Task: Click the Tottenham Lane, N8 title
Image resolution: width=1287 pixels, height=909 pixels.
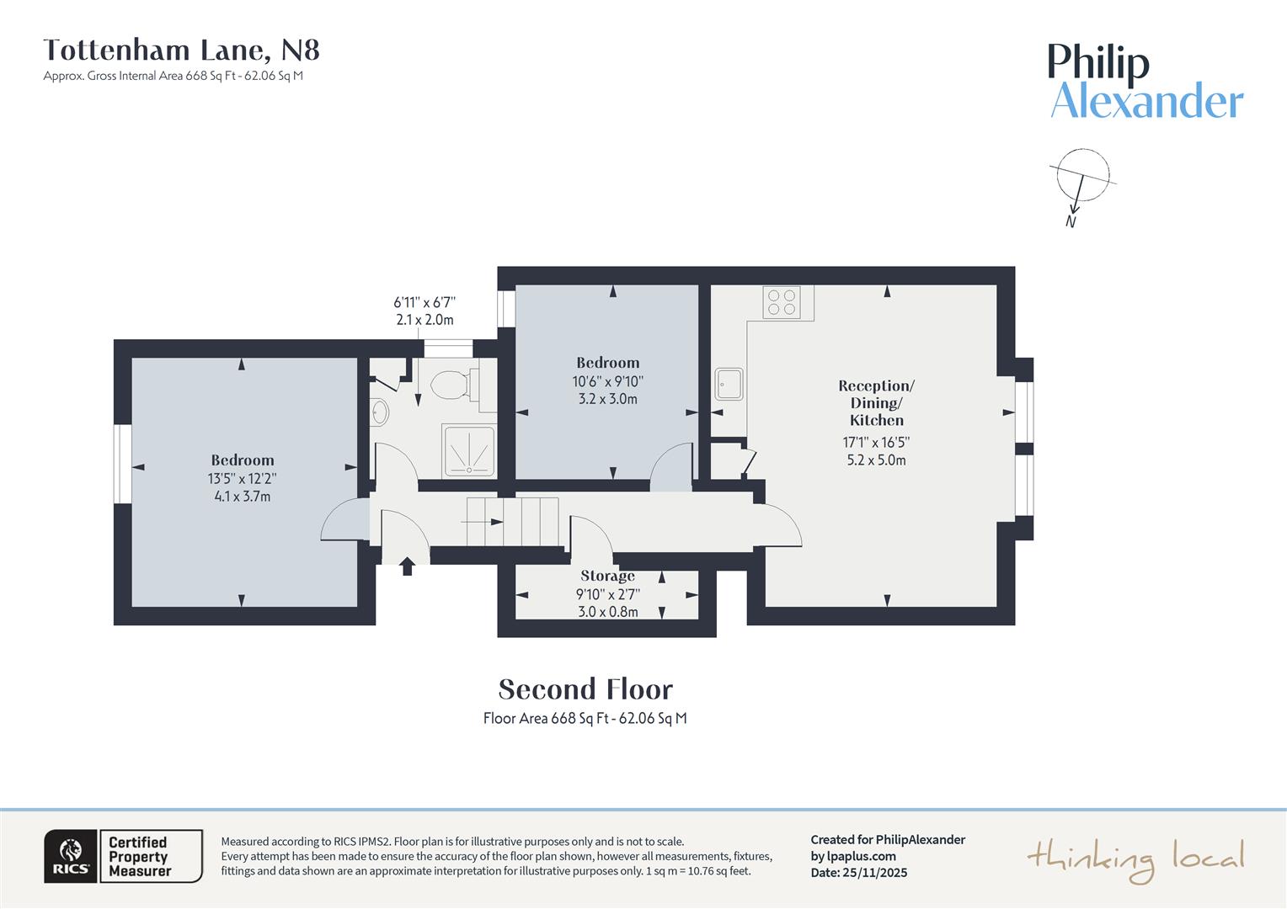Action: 181,50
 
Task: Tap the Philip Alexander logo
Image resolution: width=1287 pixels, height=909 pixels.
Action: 1145,82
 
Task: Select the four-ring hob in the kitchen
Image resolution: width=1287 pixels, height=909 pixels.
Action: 781,302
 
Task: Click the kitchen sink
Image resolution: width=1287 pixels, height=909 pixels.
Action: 729,384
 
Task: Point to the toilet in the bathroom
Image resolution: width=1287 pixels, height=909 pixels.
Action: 450,386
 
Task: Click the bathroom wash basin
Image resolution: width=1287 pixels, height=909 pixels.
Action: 380,412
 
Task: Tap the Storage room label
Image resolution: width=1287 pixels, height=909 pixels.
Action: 607,577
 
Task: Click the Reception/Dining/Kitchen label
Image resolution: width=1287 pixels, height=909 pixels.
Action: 876,403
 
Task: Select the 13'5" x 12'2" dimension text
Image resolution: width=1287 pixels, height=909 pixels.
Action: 242,479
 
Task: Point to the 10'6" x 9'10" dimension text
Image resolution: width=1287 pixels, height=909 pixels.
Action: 607,381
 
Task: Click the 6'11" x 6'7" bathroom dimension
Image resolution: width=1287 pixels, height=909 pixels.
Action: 425,302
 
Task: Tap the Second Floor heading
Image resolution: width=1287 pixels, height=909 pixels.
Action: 585,689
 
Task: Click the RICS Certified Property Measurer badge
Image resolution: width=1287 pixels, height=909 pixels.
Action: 123,856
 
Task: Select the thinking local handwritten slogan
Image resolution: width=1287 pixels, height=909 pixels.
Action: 1135,859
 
